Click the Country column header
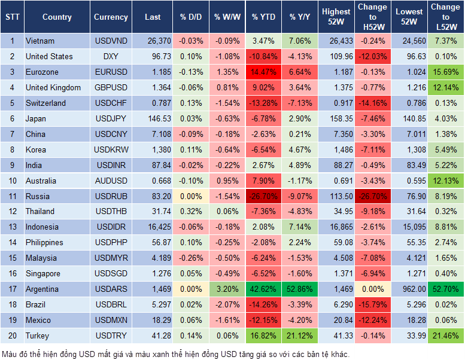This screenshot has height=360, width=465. tap(57, 17)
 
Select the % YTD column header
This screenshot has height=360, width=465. tap(264, 17)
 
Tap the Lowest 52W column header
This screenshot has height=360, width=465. tap(411, 17)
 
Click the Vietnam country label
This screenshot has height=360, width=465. tap(40, 41)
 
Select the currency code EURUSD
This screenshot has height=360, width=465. tap(111, 72)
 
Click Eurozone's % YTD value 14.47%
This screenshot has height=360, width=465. tap(264, 72)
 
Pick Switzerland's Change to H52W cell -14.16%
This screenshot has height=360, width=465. tap(373, 103)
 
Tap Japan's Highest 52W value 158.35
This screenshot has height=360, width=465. tap(337, 118)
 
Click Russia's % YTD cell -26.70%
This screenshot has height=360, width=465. tap(264, 196)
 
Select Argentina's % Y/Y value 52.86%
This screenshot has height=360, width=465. tap(300, 289)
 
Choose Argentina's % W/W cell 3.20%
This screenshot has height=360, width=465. tap(227, 289)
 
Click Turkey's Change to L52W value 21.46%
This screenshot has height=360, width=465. tap(445, 336)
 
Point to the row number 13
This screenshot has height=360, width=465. tap(12, 227)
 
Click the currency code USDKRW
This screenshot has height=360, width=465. tap(111, 150)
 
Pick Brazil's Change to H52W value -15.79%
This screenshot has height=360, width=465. tap(373, 305)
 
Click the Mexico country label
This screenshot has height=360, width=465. tap(38, 321)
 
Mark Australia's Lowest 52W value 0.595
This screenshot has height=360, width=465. tap(411, 181)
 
